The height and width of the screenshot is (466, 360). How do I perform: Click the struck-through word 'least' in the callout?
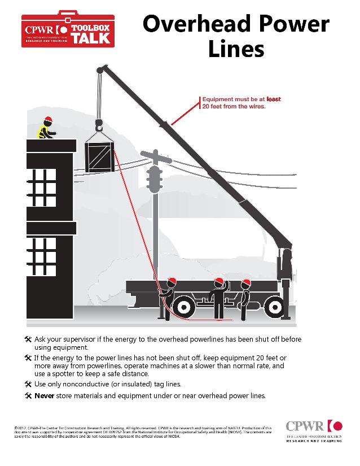tap(273, 99)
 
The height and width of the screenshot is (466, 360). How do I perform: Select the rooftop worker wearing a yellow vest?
tap(46, 129)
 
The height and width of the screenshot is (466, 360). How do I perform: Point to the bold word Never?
tap(44, 395)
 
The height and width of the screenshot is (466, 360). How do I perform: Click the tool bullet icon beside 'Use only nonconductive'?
tap(28, 384)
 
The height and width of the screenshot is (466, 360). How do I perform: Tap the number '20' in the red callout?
tap(207, 106)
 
